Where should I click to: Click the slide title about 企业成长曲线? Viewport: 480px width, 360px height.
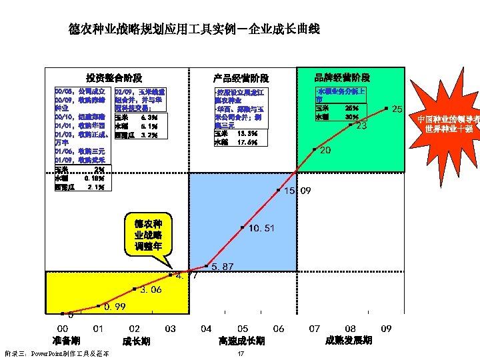[194, 30]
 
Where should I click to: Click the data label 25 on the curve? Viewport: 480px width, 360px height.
[397, 109]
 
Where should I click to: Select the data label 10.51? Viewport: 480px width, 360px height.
[261, 229]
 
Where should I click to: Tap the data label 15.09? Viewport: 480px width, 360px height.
[297, 191]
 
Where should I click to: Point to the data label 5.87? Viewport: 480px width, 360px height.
[223, 267]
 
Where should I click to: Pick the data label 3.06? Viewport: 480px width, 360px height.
[151, 290]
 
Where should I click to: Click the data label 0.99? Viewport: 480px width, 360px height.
[115, 307]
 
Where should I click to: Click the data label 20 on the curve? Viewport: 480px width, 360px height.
[325, 151]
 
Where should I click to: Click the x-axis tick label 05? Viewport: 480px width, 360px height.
[243, 329]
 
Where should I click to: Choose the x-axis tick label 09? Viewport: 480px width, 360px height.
[386, 329]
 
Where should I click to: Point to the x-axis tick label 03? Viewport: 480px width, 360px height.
[171, 329]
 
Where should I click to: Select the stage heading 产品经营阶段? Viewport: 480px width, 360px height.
[241, 78]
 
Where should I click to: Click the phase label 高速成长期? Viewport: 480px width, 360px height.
[242, 341]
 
